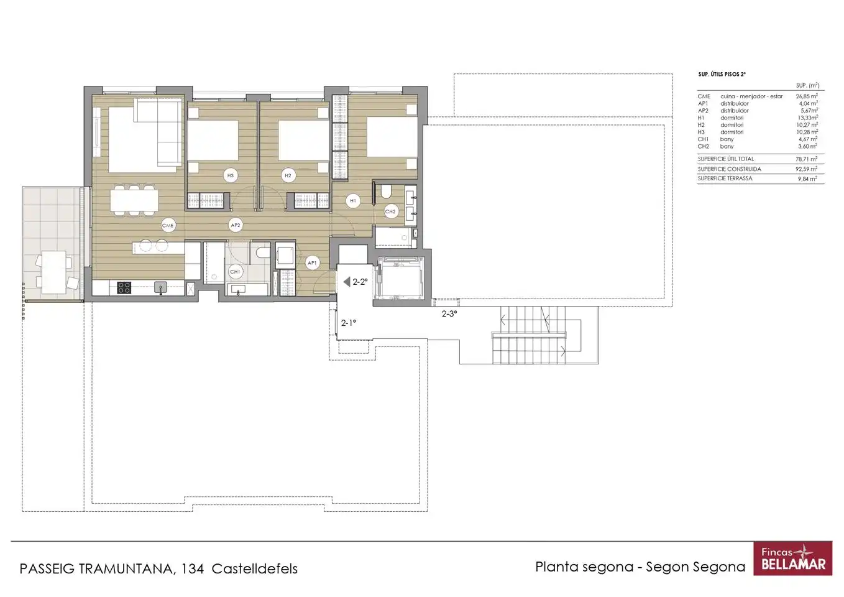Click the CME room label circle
[x=168, y=225]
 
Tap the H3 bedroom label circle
[x=230, y=175]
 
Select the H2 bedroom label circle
[x=288, y=175]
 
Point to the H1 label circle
[x=353, y=201]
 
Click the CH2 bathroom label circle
[x=390, y=211]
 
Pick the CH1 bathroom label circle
[x=235, y=272]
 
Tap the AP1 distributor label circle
[x=312, y=262]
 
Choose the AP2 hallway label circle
[x=236, y=225]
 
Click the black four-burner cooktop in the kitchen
[x=124, y=287]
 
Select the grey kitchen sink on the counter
[x=160, y=287]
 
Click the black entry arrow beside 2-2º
[x=347, y=282]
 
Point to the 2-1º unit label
[x=349, y=323]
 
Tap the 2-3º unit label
[x=449, y=313]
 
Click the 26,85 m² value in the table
[x=807, y=96]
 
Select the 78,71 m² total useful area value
[x=807, y=159]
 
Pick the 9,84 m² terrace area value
[x=807, y=179]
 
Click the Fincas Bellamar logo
[x=793, y=558]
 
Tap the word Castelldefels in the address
[x=255, y=568]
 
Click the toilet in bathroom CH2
[x=386, y=192]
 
